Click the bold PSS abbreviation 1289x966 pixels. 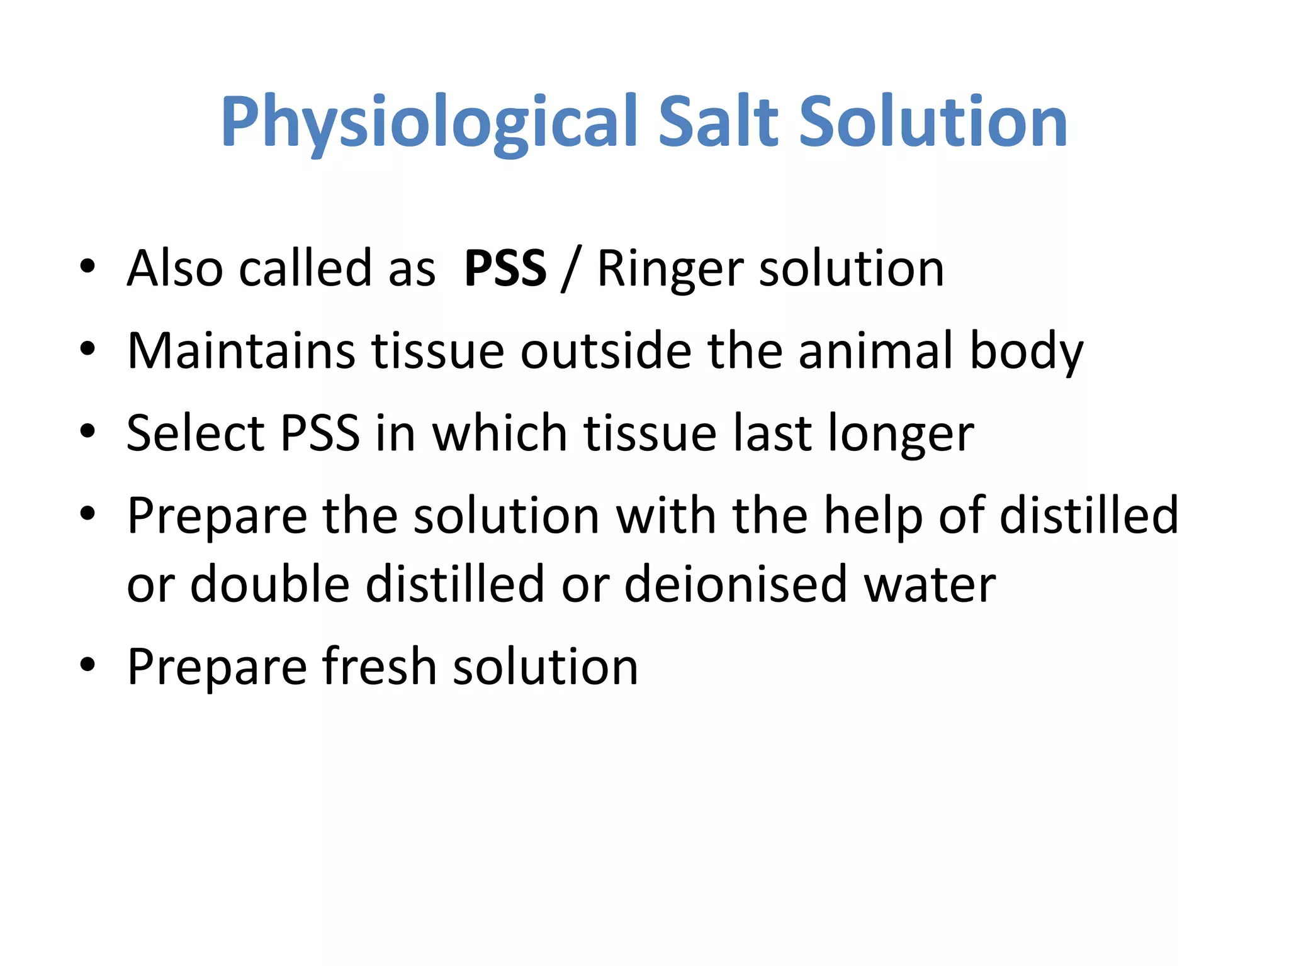(505, 269)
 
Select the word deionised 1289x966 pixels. (735, 584)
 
